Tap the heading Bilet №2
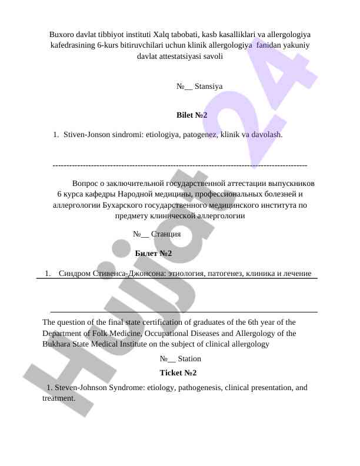point(192,115)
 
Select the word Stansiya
point(208,86)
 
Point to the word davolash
point(267,135)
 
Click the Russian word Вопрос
point(88,183)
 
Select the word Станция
point(165,234)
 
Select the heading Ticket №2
point(178,373)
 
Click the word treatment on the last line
point(58,398)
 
